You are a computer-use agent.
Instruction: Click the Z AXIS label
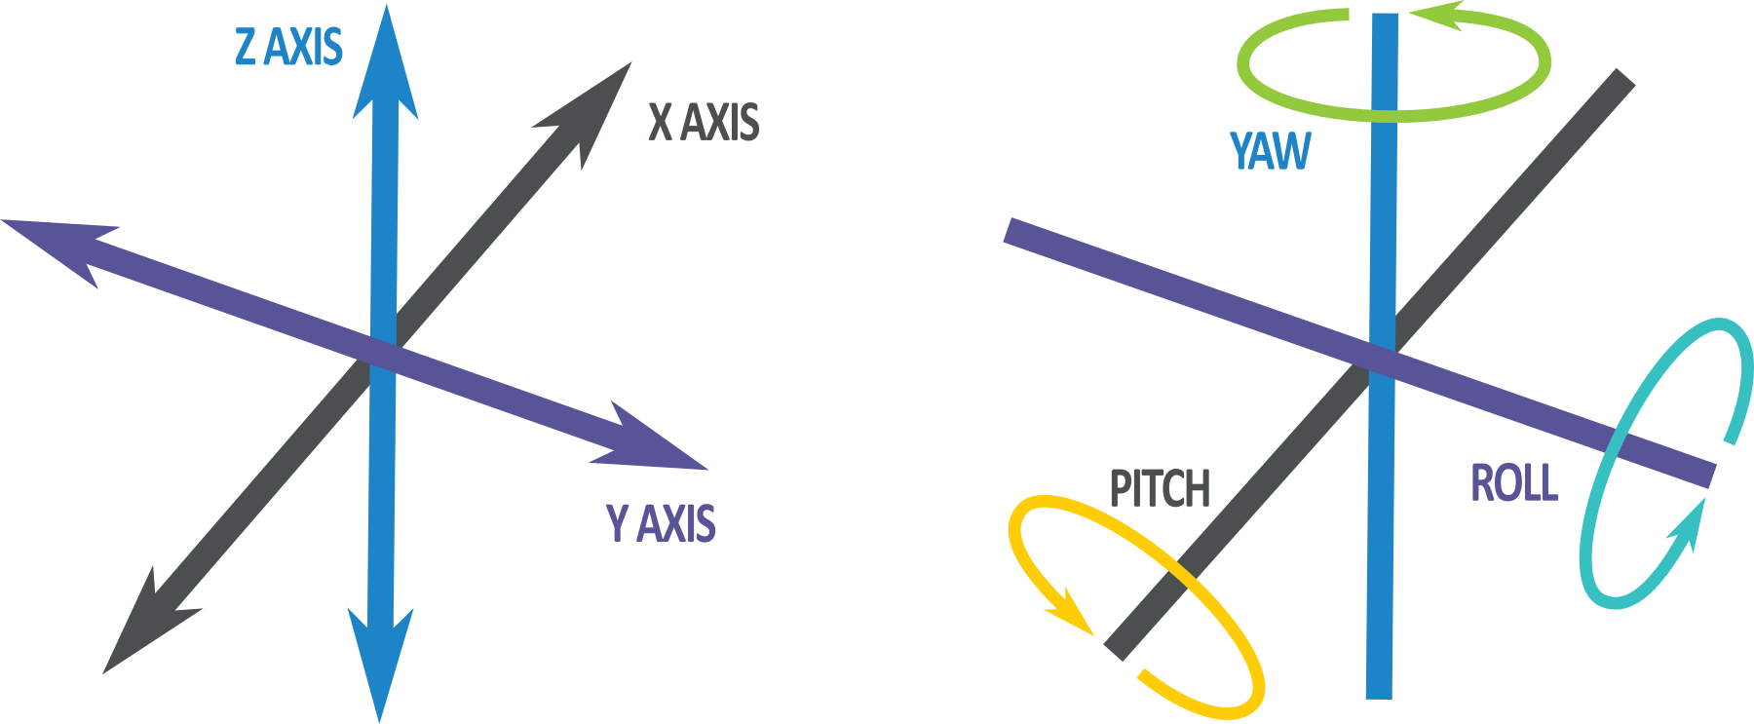click(288, 48)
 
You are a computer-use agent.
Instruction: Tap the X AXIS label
click(704, 123)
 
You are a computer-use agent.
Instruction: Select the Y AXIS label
click(661, 523)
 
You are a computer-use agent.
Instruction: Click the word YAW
click(1271, 151)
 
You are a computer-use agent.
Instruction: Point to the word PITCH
click(1160, 488)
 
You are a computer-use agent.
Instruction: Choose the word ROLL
click(1514, 483)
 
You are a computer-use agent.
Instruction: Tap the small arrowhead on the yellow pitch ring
click(1072, 615)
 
